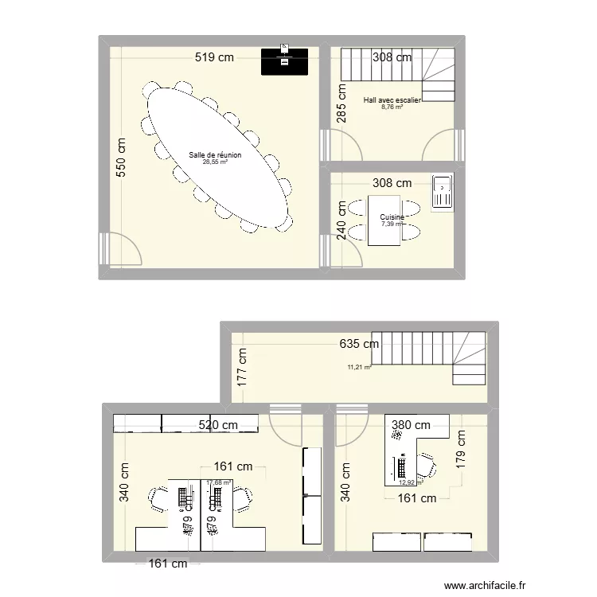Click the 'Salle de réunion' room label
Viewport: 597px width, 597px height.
tap(215, 155)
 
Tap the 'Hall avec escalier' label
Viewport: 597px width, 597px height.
tap(392, 100)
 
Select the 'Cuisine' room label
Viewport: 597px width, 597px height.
tap(392, 217)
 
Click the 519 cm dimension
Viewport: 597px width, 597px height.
tap(216, 57)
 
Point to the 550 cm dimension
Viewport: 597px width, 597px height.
tap(122, 159)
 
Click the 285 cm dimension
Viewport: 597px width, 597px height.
tap(341, 103)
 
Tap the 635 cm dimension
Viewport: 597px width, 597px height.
tap(358, 345)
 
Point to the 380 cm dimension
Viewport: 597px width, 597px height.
tap(410, 426)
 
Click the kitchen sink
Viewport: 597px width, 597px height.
tap(442, 193)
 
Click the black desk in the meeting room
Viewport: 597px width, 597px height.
tap(285, 61)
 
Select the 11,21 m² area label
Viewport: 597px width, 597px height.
tap(359, 368)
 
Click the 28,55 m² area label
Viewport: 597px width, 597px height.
tap(215, 162)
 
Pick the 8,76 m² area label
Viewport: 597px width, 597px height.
tap(392, 107)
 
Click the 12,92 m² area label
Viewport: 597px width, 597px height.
tap(410, 482)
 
